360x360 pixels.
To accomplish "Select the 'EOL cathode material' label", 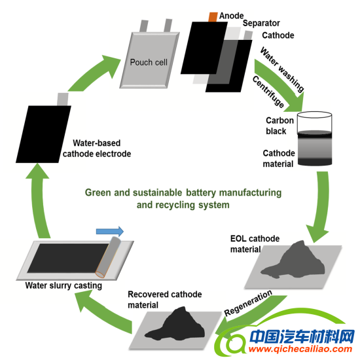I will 255,242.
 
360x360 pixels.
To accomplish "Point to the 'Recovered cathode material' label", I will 164,299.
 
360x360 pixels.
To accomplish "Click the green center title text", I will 182,198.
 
